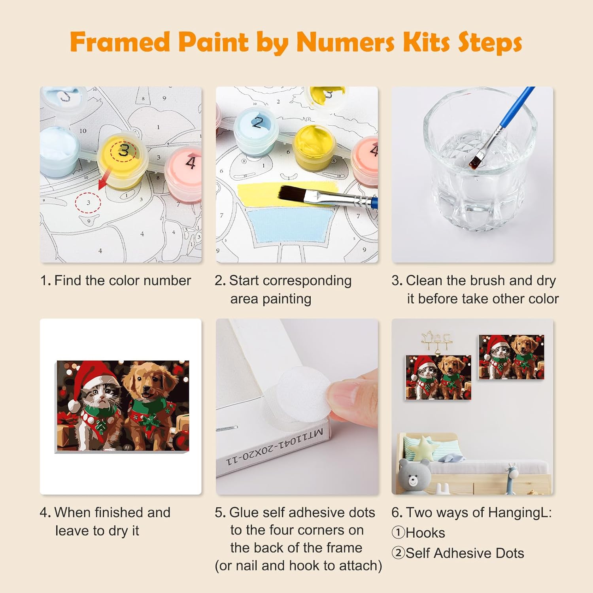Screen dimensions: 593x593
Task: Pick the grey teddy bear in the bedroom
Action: pyautogui.click(x=414, y=476)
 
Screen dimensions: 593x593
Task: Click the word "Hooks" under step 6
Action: pyautogui.click(x=425, y=533)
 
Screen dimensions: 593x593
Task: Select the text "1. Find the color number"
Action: pyautogui.click(x=115, y=281)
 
